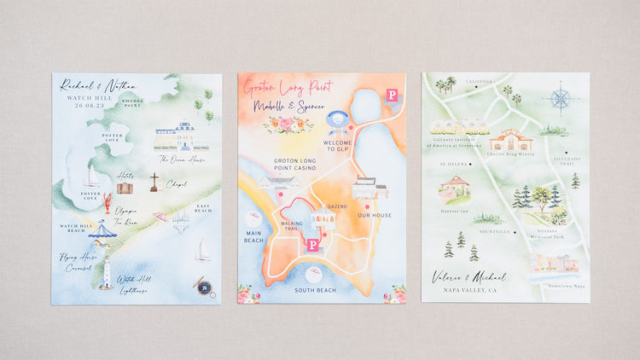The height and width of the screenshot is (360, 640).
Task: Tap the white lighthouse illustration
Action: [x=107, y=274]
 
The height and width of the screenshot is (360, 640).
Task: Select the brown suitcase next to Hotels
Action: [x=125, y=188]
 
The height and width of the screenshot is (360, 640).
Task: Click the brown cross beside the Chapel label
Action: [x=154, y=182]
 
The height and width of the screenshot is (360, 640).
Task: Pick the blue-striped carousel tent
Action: [x=103, y=230]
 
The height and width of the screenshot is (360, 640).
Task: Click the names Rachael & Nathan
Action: [x=92, y=85]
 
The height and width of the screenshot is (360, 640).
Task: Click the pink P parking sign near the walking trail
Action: [x=313, y=246]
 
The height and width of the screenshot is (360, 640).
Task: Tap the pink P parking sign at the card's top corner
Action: [x=392, y=95]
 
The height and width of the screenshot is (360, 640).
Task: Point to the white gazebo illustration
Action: [x=323, y=220]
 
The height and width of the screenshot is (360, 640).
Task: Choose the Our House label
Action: [x=375, y=215]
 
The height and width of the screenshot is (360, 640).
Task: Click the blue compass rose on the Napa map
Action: [x=560, y=98]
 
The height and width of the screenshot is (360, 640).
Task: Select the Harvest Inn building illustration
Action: [x=454, y=189]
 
